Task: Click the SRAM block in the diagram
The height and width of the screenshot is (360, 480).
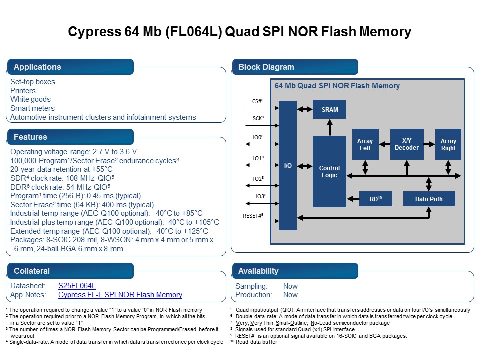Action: click(330, 109)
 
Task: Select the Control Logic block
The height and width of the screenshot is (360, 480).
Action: click(330, 171)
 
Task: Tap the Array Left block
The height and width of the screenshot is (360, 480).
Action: click(365, 144)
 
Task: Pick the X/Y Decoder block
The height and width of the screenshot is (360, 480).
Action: click(407, 144)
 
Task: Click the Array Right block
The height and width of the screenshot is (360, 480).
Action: click(448, 144)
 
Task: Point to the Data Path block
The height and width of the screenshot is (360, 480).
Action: click(429, 199)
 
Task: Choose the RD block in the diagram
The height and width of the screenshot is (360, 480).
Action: click(375, 199)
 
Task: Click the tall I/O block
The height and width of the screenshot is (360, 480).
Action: click(288, 165)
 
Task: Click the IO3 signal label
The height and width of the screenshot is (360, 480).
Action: click(259, 196)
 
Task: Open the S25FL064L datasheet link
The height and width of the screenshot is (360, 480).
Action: click(77, 286)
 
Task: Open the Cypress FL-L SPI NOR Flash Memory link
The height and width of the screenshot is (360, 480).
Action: click(120, 295)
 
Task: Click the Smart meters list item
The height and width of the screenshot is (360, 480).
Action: click(33, 108)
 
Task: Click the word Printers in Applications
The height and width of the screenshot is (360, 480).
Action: click(23, 91)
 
